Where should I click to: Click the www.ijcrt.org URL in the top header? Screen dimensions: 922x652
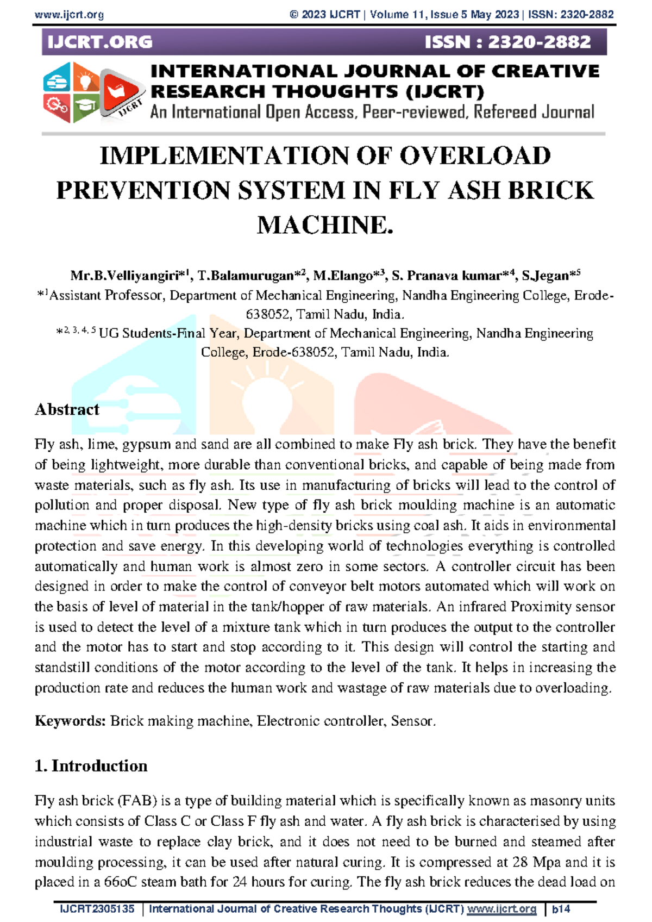coord(69,15)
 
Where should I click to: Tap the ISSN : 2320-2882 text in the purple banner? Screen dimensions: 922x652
coord(507,42)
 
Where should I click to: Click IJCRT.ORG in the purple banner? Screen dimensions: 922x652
coord(100,42)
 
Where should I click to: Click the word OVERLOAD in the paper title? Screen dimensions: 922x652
coord(475,156)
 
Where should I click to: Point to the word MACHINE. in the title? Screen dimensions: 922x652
coord(325,225)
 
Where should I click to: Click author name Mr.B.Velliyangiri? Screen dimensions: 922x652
coord(128,276)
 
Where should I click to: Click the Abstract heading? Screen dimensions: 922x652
coord(67,409)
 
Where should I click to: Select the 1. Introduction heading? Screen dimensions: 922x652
coord(91,766)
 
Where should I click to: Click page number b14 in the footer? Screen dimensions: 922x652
coord(561,909)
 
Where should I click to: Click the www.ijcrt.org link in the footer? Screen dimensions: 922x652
coord(501,909)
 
